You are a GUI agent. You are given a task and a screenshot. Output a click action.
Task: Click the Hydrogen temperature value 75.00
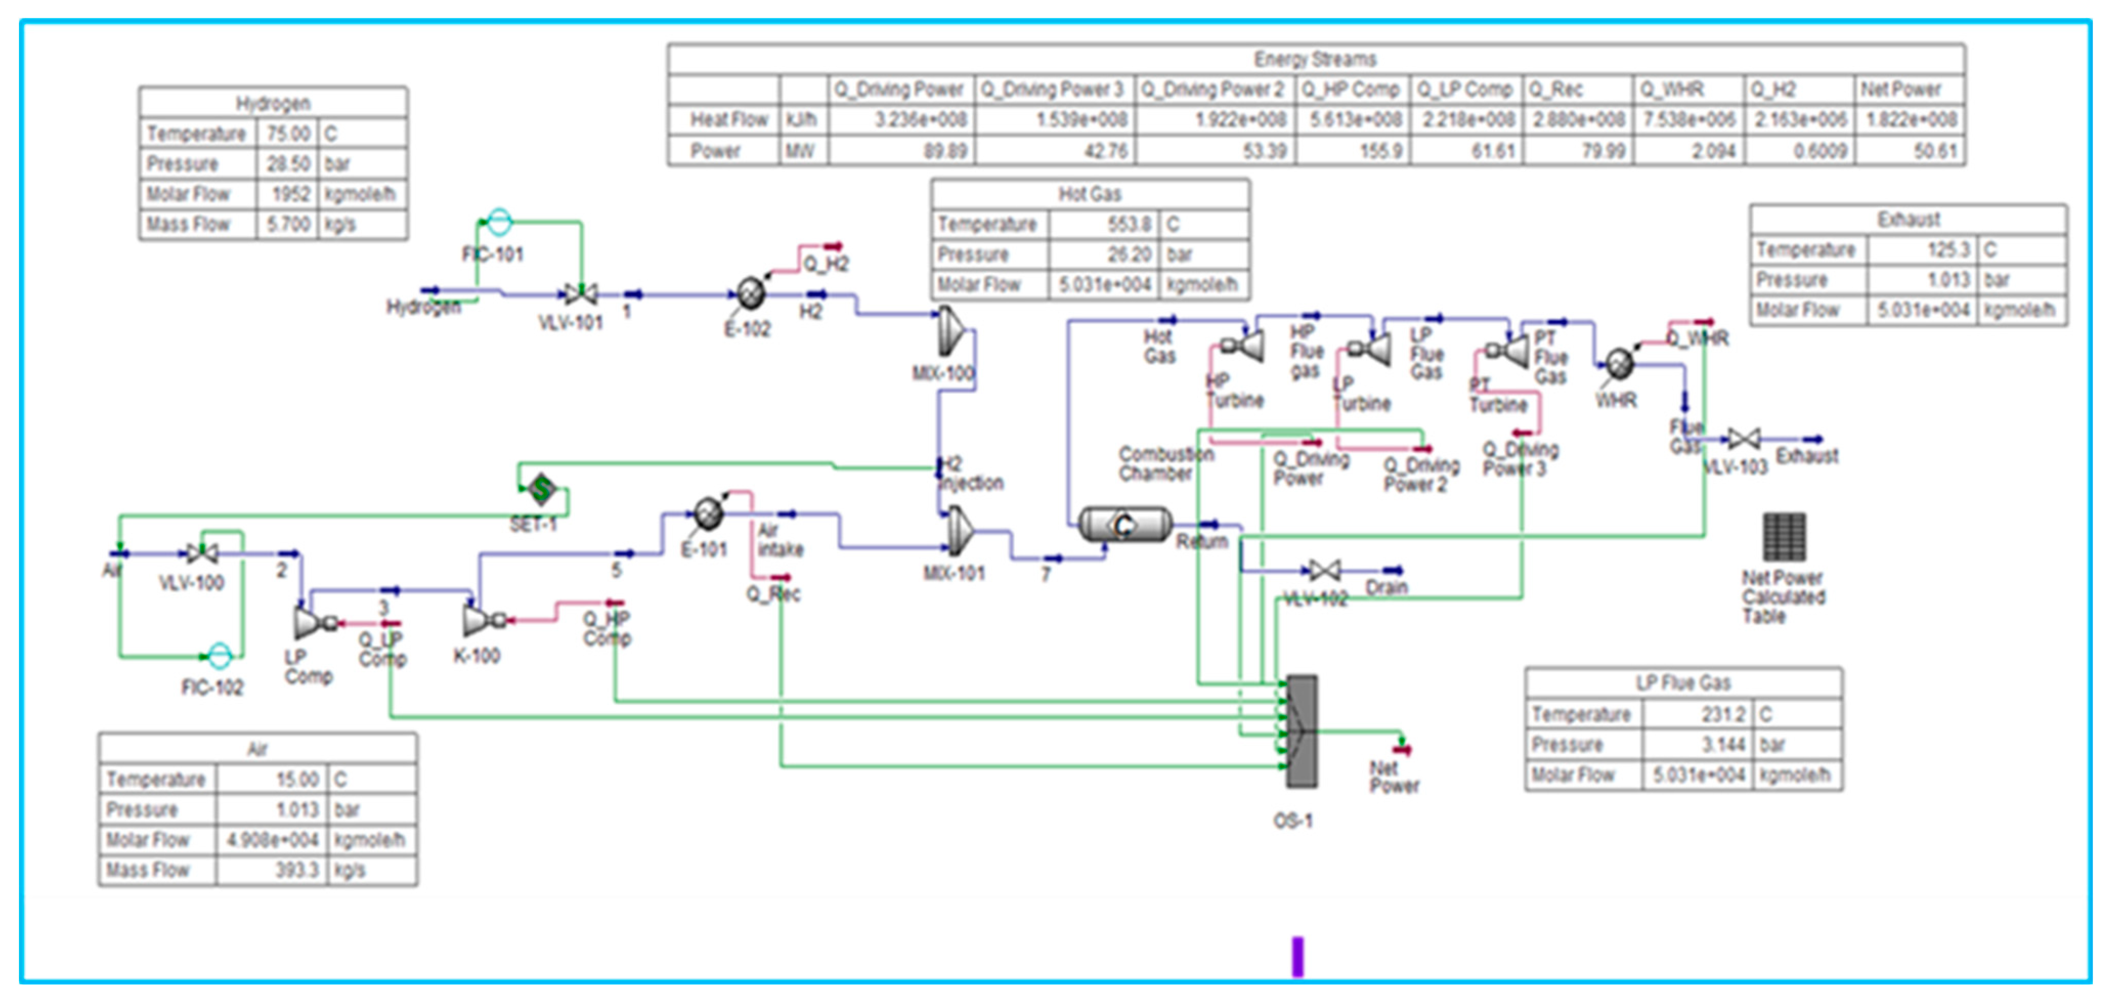coord(289,133)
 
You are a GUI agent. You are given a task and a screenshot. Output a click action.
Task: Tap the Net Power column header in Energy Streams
coord(1900,89)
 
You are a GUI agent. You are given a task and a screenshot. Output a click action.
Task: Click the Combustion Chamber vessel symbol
coord(1124,525)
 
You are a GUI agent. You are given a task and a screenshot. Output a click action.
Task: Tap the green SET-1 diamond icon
coord(540,489)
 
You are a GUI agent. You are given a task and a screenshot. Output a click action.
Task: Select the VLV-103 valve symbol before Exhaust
coord(1744,440)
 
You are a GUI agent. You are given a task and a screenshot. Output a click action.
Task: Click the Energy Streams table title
coord(1315,59)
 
